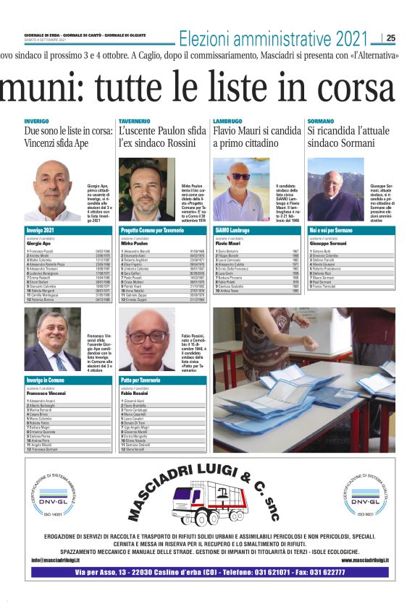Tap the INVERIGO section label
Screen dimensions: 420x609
[37, 121]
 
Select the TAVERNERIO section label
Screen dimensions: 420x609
[134, 121]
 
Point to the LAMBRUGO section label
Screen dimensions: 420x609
[228, 121]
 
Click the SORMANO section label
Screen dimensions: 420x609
[321, 121]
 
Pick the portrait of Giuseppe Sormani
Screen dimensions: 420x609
[335, 189]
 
